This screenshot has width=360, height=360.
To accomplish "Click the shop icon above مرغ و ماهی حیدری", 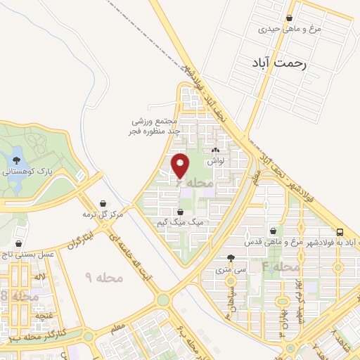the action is point(290,19).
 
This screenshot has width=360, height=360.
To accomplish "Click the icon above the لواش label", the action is point(215,150).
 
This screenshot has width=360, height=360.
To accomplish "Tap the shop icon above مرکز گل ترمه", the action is point(103,203).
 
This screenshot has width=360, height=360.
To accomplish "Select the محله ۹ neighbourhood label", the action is point(103,278).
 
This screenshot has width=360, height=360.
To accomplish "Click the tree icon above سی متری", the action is point(231,259).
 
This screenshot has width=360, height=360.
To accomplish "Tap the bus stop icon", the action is point(340,232).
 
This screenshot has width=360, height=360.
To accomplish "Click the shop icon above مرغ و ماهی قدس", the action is point(273,231).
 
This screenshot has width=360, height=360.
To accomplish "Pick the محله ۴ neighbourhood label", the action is point(281,267).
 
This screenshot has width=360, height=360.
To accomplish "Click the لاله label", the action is point(41,277).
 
